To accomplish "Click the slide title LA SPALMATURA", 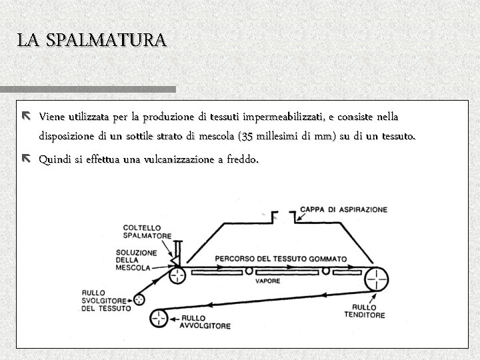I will click(92, 40).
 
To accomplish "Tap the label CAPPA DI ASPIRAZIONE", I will click(343, 209).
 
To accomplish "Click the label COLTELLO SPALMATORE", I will click(147, 231).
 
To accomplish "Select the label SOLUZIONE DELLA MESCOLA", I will click(136, 260).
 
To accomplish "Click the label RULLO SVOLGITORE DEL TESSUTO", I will click(105, 301).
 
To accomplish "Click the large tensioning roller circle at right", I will click(375, 277).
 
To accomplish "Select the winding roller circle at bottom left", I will click(159, 318).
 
